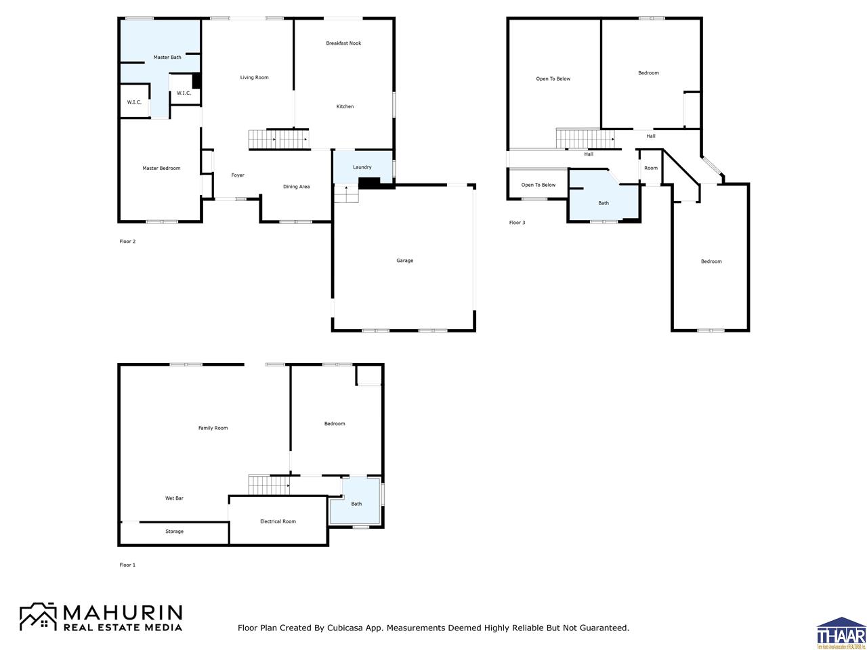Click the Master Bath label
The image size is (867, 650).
coord(167,58)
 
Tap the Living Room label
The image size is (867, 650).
coord(254,78)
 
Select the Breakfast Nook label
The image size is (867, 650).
coord(343,43)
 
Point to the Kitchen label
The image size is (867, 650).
coord(345,107)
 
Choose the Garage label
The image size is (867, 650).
coord(404,261)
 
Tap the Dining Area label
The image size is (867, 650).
coord(296,187)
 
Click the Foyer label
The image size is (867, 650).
coord(237,175)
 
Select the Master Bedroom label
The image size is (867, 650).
coord(161,169)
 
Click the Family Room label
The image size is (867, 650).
coord(213,428)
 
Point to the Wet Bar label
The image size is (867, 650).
coord(174,498)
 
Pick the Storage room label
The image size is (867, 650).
coord(174,532)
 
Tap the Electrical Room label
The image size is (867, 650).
coord(278,521)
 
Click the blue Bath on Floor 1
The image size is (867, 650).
coord(356,503)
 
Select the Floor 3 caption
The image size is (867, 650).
coord(517,223)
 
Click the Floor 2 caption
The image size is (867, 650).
coord(127,242)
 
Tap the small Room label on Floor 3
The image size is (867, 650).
coord(650,169)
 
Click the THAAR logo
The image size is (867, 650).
coord(841,634)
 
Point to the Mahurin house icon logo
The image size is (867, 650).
coord(38,617)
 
